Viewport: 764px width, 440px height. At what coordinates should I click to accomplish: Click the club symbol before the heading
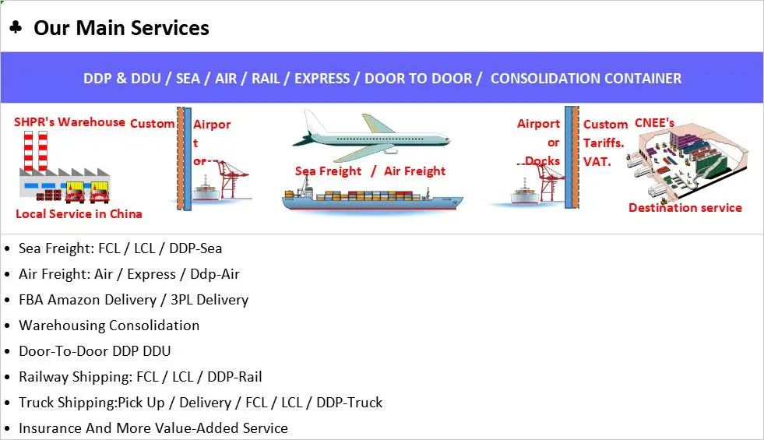16,26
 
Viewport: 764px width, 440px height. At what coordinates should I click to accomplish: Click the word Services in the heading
170,28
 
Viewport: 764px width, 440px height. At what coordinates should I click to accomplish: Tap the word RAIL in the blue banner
266,79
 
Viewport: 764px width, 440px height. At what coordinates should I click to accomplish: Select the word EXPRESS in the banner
322,79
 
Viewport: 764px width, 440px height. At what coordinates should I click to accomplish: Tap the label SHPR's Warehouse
69,121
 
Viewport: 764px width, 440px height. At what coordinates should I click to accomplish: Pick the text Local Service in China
79,214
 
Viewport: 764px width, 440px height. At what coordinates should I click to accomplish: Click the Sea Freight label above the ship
328,171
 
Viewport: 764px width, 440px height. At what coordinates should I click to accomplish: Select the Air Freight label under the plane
414,171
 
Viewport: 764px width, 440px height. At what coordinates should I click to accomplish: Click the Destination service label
685,208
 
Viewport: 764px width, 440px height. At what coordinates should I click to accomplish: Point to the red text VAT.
597,162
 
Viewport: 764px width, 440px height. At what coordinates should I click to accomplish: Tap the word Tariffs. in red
604,143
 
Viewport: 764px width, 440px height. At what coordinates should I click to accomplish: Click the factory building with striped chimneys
65,167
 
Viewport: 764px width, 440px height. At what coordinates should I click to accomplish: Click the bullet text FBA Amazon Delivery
88,300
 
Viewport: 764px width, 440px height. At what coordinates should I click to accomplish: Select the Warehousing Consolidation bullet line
109,326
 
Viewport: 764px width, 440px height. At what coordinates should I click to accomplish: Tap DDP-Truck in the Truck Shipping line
350,403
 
